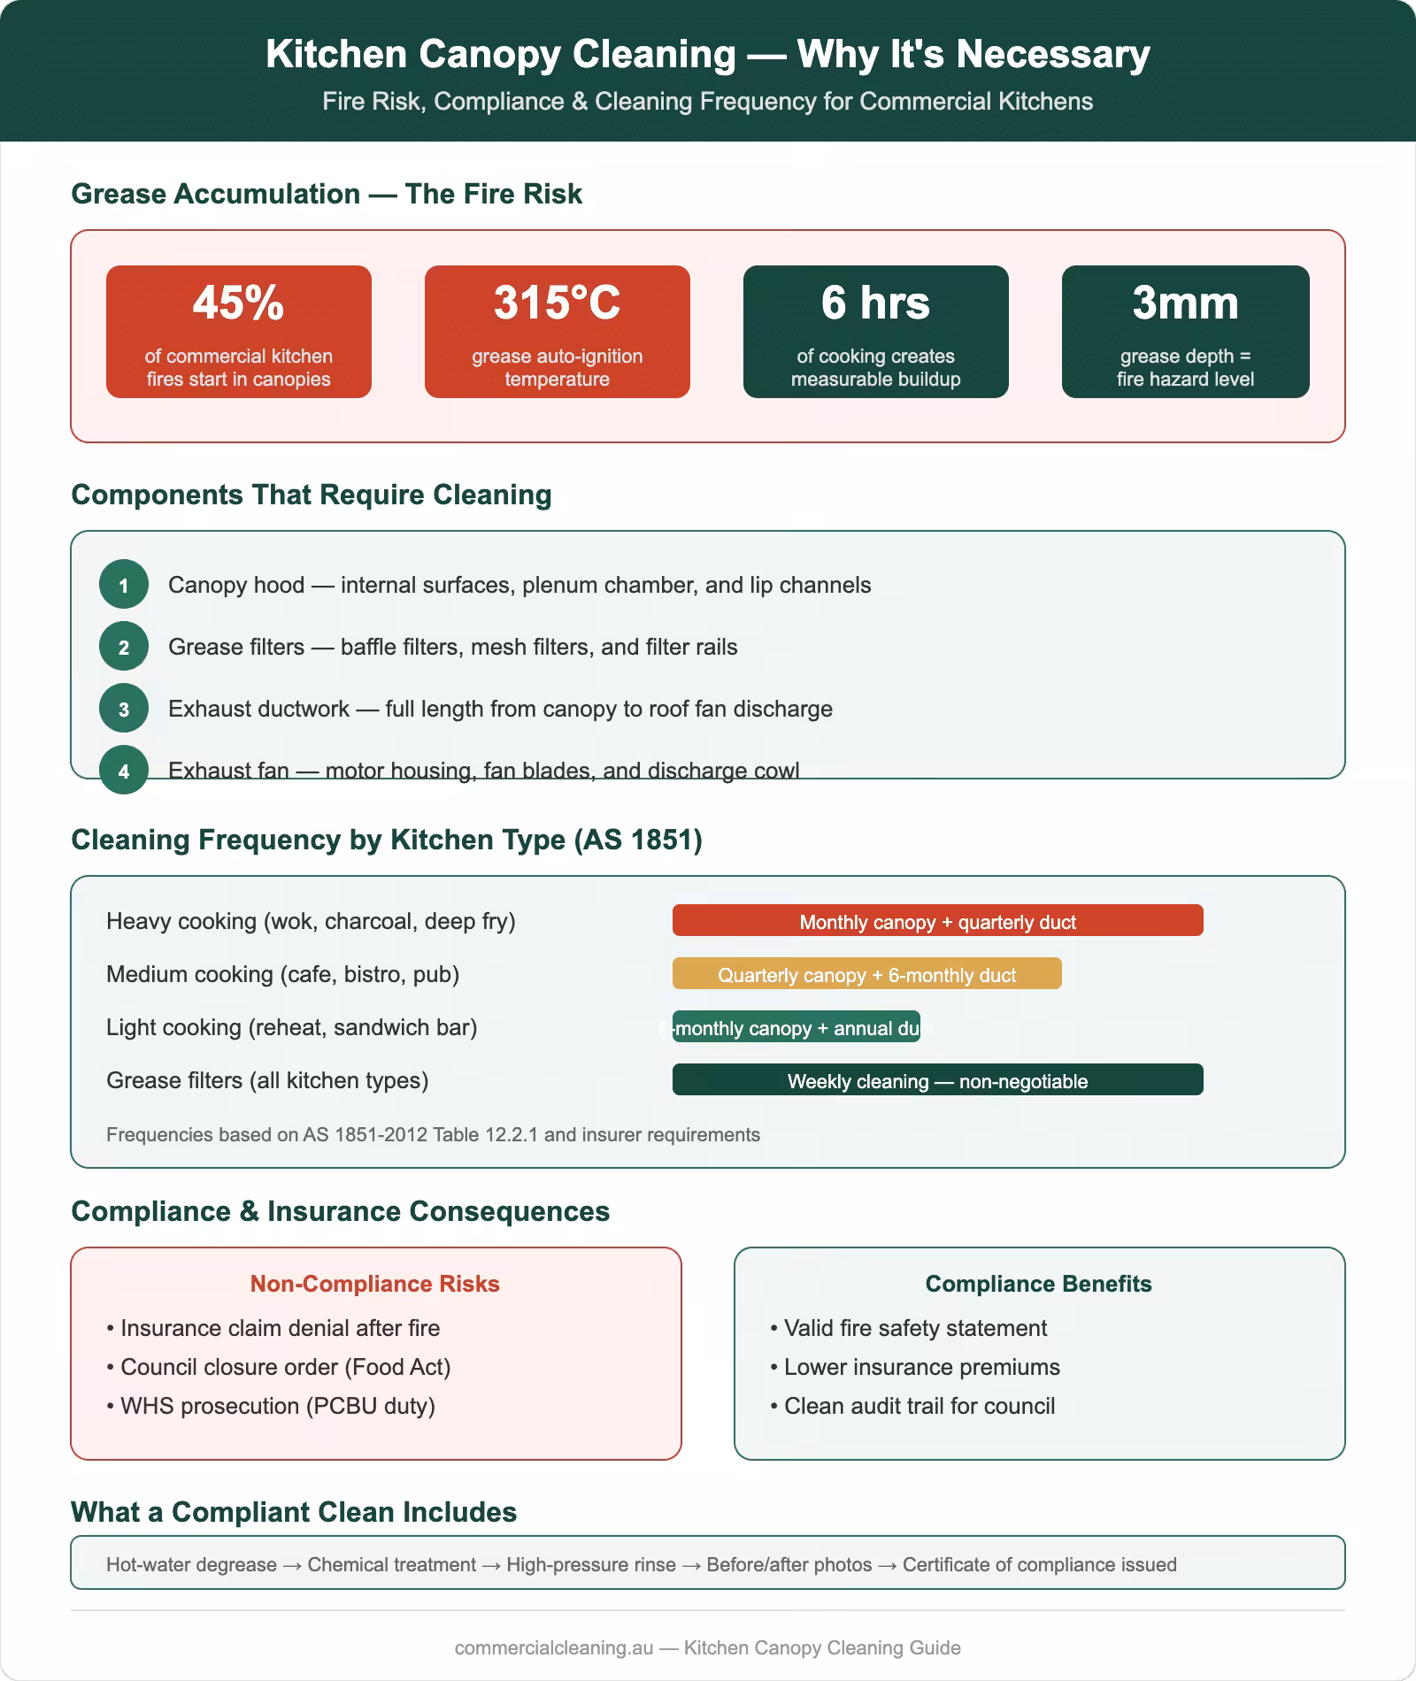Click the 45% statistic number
point(238,303)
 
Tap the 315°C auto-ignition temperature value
point(557,303)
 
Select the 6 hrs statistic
point(875,303)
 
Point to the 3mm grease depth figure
point(1185,303)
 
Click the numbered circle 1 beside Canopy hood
point(124,585)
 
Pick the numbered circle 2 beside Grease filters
point(124,647)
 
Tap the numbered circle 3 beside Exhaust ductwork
point(124,709)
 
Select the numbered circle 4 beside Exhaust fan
point(124,771)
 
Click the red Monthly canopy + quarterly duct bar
point(937,921)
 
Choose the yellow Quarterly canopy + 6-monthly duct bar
point(866,974)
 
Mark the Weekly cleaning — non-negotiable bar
point(937,1080)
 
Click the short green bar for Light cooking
point(796,1027)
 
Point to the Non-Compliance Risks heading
point(375,1284)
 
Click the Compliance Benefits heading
point(1038,1284)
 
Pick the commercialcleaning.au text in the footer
point(554,1647)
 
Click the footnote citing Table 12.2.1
point(433,1134)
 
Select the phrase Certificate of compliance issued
point(1039,1564)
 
